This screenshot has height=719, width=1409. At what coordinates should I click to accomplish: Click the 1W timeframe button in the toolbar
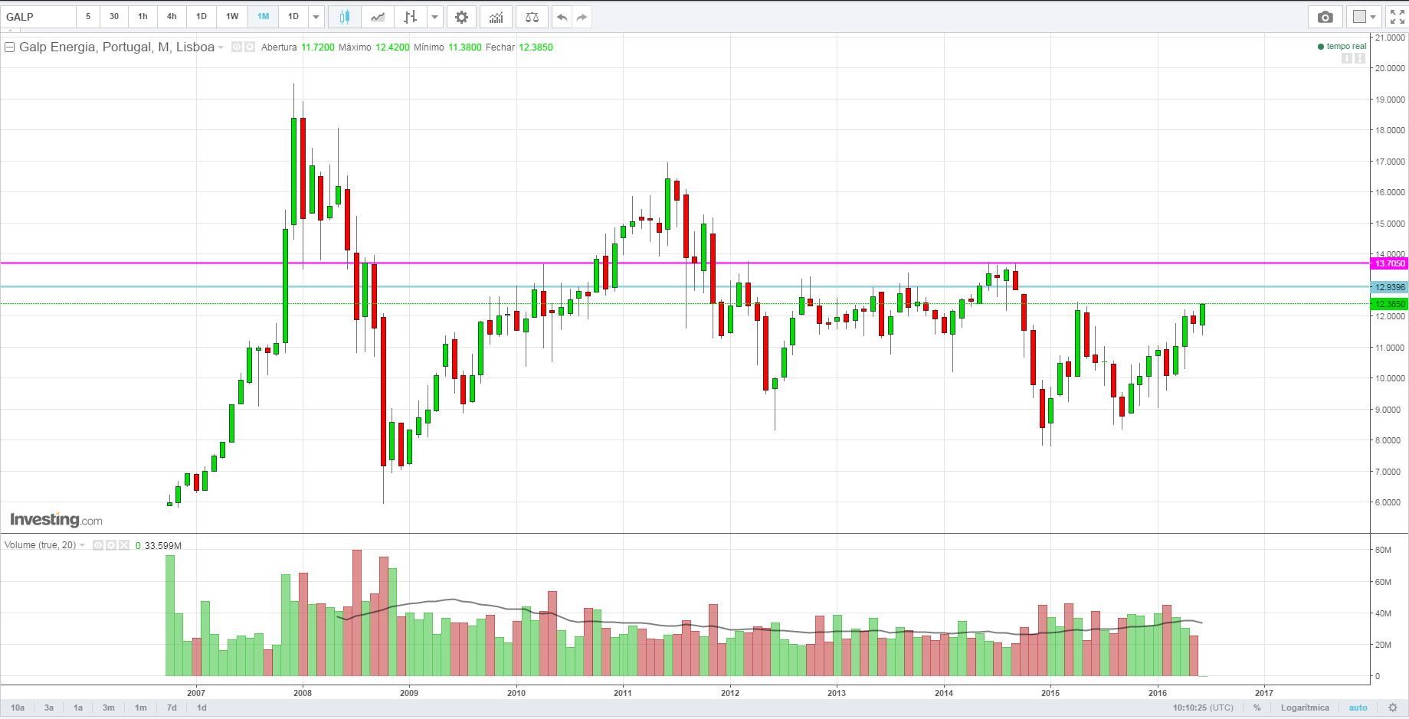(x=232, y=16)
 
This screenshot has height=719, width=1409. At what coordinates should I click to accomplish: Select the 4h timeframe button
(x=172, y=16)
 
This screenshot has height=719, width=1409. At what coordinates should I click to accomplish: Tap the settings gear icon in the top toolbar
(x=461, y=17)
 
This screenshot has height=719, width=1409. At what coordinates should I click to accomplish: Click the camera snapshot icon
(x=1325, y=17)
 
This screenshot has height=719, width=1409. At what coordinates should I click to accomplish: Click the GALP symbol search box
(x=38, y=17)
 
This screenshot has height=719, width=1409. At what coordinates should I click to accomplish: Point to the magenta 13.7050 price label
(x=1390, y=263)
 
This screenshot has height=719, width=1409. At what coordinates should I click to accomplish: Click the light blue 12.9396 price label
(x=1390, y=287)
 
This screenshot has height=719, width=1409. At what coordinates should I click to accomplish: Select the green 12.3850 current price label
(x=1390, y=304)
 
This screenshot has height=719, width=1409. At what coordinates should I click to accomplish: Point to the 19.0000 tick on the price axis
(x=1390, y=100)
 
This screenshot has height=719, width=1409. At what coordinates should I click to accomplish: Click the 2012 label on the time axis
(x=729, y=692)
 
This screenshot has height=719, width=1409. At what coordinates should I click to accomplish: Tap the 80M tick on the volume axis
(x=1383, y=550)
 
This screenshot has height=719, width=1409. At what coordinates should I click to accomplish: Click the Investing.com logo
(x=56, y=520)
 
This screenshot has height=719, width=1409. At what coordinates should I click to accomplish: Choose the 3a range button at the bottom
(x=49, y=708)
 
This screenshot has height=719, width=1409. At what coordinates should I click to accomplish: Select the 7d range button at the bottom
(x=172, y=708)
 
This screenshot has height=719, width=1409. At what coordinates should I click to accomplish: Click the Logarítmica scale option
(x=1305, y=708)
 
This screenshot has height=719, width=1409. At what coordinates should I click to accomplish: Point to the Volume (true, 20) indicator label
(x=40, y=545)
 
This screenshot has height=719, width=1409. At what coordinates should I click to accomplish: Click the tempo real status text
(x=1346, y=47)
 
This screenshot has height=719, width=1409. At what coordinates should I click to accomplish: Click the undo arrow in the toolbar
(x=562, y=17)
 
